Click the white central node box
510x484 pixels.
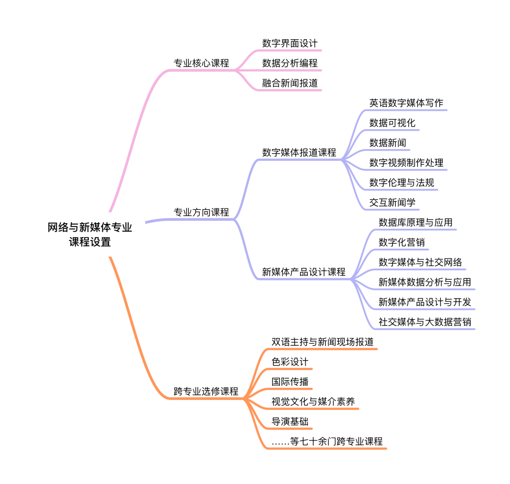coord(90,234)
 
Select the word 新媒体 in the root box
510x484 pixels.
coord(89,228)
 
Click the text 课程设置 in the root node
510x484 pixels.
coord(90,242)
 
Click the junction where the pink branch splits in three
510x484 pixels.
coord(235,70)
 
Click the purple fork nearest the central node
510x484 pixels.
coord(234,219)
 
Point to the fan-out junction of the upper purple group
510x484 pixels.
coord(342,159)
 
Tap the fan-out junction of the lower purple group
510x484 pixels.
coord(351,279)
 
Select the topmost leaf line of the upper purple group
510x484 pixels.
coord(406,110)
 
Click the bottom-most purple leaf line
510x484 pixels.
coord(425,329)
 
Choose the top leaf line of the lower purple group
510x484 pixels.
coord(416,230)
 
